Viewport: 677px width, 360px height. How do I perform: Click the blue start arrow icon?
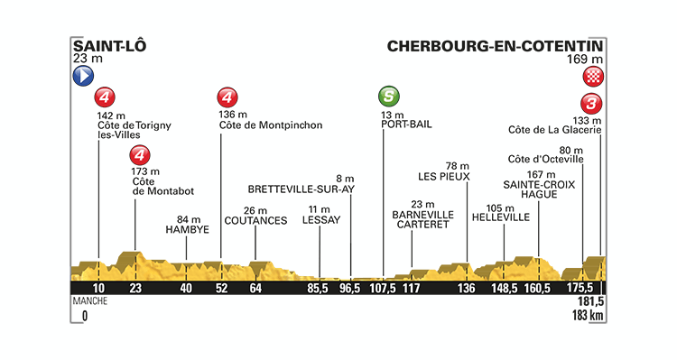82,76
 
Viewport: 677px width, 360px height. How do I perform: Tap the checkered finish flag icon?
593,76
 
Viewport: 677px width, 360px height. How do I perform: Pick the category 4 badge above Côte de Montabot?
138,155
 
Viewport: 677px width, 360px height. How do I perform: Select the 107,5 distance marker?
384,288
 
